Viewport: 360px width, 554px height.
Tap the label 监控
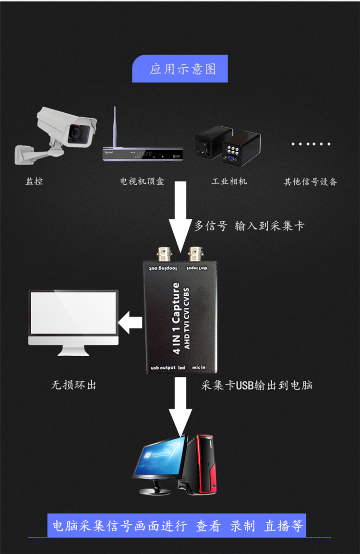coord(34,181)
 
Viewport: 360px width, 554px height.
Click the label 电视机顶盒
coord(142,181)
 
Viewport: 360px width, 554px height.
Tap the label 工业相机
coord(229,181)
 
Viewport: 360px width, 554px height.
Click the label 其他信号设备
coord(311,181)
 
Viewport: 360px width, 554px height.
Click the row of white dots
coord(311,144)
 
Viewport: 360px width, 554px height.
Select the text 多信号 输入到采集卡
coord(249,226)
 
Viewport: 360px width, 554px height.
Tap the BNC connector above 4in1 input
coord(196,253)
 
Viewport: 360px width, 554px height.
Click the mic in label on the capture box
coord(199,368)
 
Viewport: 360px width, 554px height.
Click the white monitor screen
coord(73,313)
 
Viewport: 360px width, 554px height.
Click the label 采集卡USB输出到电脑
coord(257,385)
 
